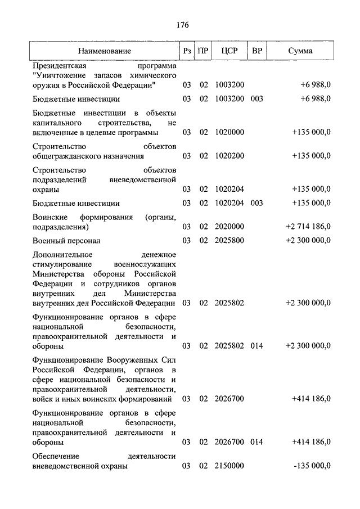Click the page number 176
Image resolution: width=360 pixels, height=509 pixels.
(182, 25)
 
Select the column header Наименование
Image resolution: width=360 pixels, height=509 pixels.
(105, 51)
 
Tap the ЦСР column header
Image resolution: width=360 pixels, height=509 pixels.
(229, 51)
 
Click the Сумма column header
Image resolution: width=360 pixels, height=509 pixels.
(300, 51)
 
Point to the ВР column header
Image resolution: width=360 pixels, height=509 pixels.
(257, 51)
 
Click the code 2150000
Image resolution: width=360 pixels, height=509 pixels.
(229, 466)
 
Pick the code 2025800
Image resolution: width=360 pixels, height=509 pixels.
(229, 241)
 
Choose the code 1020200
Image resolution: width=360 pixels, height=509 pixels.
(229, 156)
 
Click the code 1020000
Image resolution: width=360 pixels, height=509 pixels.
(229, 132)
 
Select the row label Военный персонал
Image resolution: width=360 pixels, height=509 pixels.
(66, 241)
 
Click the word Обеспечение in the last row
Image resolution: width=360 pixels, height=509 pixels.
(56, 456)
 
